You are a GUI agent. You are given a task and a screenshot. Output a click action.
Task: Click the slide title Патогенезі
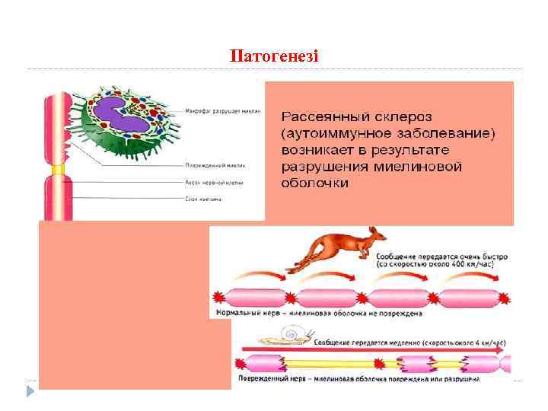click(x=274, y=57)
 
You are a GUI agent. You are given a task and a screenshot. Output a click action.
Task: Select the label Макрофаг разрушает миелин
click(x=223, y=111)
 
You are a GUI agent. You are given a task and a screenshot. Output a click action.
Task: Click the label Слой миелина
click(x=203, y=199)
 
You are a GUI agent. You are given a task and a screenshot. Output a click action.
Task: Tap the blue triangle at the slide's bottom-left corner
click(x=30, y=391)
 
